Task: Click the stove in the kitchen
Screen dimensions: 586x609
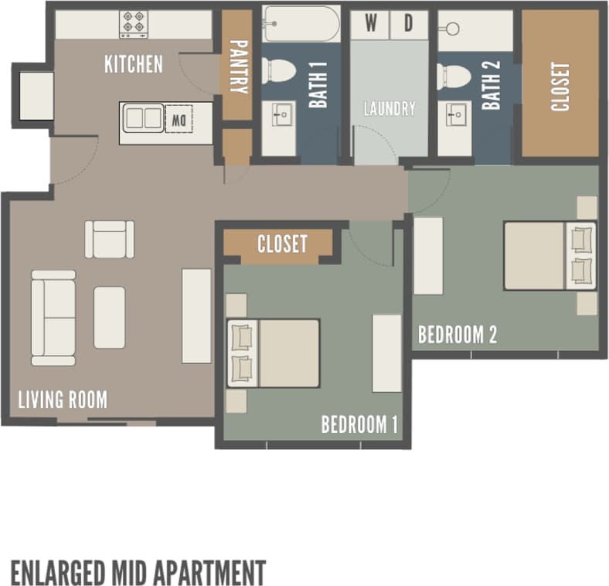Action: click(x=134, y=24)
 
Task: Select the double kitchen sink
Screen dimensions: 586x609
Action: click(x=144, y=118)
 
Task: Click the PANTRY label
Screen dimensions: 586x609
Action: click(x=237, y=66)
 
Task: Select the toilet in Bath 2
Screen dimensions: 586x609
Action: click(x=454, y=77)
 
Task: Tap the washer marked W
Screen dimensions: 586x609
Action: click(x=372, y=23)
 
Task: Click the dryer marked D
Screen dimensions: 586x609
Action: click(x=410, y=23)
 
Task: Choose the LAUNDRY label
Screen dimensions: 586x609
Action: click(x=390, y=109)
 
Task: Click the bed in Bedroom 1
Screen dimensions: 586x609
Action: click(x=274, y=353)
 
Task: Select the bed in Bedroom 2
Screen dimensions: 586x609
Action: click(x=549, y=256)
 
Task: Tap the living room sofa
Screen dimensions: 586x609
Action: click(x=53, y=317)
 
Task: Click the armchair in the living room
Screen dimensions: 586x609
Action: click(x=110, y=238)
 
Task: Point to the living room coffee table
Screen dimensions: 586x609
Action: click(x=110, y=317)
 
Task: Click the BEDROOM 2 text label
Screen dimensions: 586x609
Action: click(x=457, y=335)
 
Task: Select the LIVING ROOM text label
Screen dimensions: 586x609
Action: click(x=63, y=400)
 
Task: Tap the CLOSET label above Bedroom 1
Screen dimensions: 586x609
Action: click(x=281, y=244)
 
